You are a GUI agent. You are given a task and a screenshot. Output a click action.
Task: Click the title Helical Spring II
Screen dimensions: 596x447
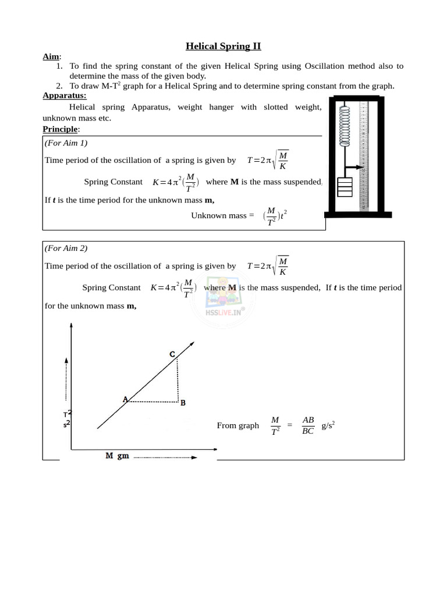point(223,46)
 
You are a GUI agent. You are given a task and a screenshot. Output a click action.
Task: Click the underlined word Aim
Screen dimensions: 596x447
point(51,57)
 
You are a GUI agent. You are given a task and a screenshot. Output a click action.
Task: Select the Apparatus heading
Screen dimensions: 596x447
point(65,95)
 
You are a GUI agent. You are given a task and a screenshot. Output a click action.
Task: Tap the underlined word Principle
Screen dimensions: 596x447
point(61,129)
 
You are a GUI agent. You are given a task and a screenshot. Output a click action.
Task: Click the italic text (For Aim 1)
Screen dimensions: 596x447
point(66,143)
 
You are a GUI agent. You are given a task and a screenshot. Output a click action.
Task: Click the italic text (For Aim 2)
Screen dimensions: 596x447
point(66,248)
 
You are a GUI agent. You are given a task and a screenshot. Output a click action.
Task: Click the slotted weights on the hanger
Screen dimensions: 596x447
point(346,189)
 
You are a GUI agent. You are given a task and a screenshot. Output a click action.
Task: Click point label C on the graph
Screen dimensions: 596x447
point(172,354)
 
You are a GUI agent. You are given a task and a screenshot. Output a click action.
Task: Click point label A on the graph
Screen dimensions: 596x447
point(125,399)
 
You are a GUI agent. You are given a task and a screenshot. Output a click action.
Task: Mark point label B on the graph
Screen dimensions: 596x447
point(183,403)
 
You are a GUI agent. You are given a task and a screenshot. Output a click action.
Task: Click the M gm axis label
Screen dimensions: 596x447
point(117,456)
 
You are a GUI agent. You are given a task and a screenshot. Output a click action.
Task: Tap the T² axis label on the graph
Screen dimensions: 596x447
point(68,419)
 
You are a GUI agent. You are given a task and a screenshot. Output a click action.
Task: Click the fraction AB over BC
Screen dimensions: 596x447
point(308,425)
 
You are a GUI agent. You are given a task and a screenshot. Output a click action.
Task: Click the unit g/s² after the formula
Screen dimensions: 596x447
point(329,425)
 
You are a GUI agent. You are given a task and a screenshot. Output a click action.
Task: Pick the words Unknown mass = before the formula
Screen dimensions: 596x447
point(222,215)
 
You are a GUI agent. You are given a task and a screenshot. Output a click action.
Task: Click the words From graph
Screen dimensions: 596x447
point(237,425)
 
